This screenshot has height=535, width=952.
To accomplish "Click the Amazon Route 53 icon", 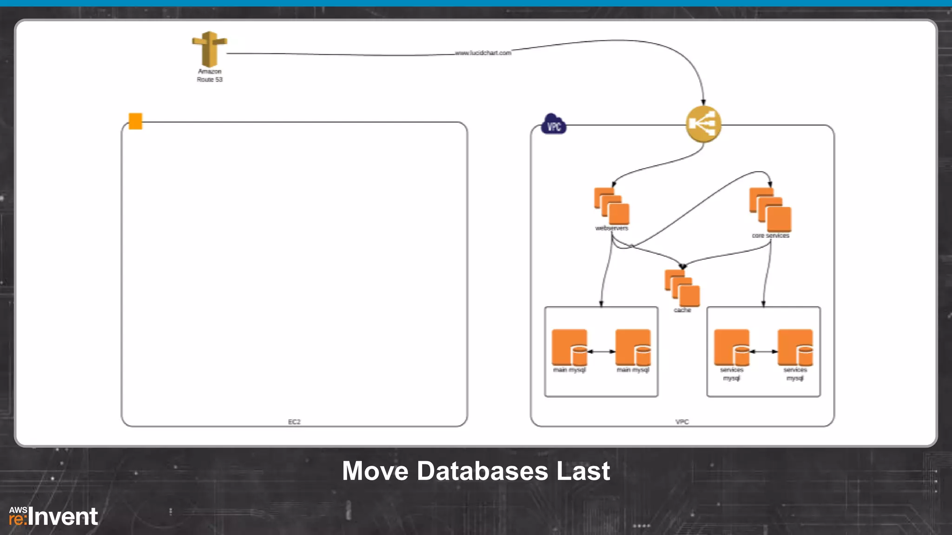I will [x=209, y=49].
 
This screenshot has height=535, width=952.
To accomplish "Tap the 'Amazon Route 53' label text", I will [x=210, y=76].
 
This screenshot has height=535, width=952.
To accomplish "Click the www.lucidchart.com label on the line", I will [x=483, y=53].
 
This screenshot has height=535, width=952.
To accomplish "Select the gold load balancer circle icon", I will [x=703, y=124].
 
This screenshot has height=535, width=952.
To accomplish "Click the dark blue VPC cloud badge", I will [x=554, y=124].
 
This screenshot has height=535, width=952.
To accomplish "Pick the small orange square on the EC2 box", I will [x=135, y=121].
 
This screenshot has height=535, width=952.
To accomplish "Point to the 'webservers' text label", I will [x=612, y=228].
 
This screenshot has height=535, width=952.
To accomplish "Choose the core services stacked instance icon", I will [x=770, y=209].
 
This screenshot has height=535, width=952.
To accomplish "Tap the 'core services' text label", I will [x=770, y=235].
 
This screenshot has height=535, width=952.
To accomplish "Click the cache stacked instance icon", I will [x=682, y=288].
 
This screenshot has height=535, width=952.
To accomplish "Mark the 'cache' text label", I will [x=682, y=310].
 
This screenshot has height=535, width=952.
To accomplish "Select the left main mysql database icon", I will [x=570, y=347].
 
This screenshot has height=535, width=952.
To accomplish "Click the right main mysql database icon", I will [x=633, y=347].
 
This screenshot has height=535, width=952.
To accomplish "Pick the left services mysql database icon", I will [x=732, y=347].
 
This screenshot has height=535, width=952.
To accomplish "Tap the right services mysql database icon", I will [x=795, y=347].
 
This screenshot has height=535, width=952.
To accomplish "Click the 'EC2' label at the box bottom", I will [x=294, y=422].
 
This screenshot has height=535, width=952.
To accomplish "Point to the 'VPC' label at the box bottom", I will [x=682, y=422].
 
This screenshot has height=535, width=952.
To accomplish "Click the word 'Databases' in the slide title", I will [x=482, y=471].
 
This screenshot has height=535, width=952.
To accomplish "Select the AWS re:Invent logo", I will [x=53, y=516].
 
